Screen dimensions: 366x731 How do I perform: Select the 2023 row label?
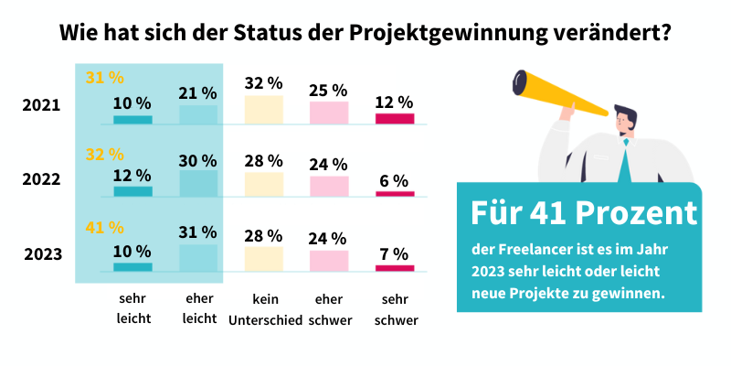pyautogui.click(x=41, y=253)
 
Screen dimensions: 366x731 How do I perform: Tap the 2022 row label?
pyautogui.click(x=41, y=179)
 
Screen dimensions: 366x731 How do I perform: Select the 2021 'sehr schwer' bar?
pyautogui.click(x=395, y=118)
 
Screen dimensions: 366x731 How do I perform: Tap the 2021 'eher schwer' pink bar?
pyautogui.click(x=329, y=113)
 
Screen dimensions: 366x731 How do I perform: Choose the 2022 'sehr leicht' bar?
pyautogui.click(x=132, y=191)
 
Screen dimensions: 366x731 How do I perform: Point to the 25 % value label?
pyautogui.click(x=329, y=90)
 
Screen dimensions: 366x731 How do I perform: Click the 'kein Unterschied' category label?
pyautogui.click(x=264, y=308)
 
